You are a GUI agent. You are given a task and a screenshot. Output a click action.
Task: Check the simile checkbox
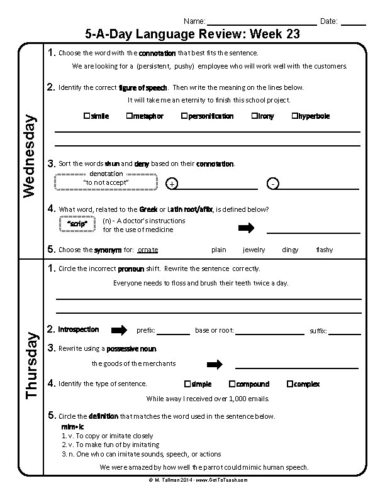(86, 116)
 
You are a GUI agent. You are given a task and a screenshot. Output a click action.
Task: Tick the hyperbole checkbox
(294, 116)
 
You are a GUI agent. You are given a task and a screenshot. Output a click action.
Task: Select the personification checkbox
(184, 116)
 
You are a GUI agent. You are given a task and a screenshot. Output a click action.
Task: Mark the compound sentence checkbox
(232, 384)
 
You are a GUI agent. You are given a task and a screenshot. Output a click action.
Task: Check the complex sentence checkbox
(289, 384)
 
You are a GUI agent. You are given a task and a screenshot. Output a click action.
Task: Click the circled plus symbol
(172, 184)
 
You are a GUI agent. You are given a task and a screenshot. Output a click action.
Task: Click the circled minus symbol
(272, 184)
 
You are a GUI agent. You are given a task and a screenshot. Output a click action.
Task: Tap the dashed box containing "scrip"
(77, 224)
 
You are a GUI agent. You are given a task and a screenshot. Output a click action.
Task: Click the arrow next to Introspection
(119, 330)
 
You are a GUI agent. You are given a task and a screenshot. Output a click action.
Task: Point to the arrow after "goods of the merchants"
(215, 364)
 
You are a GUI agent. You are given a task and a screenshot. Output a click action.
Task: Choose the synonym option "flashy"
(325, 250)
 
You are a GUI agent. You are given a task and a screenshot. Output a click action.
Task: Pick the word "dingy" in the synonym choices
(290, 250)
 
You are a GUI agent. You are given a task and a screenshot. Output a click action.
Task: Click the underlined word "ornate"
(148, 250)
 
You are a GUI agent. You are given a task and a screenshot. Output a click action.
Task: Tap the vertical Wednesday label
(30, 151)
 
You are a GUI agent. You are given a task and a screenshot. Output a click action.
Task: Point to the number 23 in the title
(292, 34)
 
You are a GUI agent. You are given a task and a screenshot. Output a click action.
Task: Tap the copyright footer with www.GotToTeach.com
(193, 480)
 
